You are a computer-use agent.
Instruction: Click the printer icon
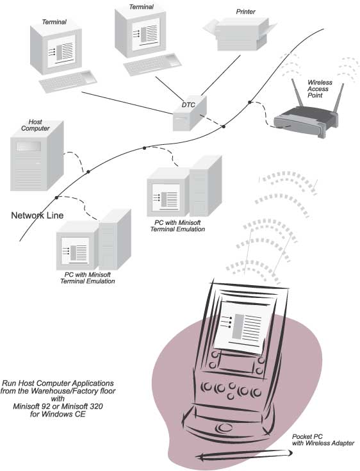[x=238, y=33]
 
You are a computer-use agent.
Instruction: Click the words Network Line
[x=37, y=216]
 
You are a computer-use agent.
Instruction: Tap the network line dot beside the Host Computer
[x=88, y=171]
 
